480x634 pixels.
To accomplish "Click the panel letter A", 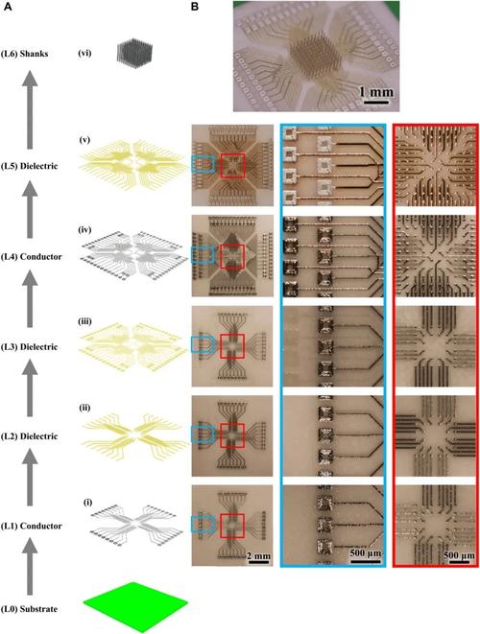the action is click(8, 7).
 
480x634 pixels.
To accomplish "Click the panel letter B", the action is click(195, 7).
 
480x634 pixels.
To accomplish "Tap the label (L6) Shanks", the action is click(25, 54).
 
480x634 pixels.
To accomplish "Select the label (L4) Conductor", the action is click(32, 257).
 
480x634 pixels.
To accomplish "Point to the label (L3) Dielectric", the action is click(29, 347).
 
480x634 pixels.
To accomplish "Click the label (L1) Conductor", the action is click(32, 526).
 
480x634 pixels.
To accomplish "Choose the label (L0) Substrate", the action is click(29, 609).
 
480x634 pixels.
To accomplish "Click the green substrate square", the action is click(135, 607).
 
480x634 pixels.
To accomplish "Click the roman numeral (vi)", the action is click(84, 53).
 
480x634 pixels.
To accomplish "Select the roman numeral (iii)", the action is click(85, 322).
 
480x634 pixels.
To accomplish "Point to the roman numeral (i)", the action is click(87, 503).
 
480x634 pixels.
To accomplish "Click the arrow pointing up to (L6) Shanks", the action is click(30, 109).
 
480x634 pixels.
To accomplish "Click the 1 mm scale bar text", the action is click(376, 92).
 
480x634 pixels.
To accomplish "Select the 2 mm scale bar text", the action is click(258, 556).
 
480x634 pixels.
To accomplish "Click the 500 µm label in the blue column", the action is click(366, 552).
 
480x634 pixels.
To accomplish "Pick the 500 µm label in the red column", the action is click(459, 555).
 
